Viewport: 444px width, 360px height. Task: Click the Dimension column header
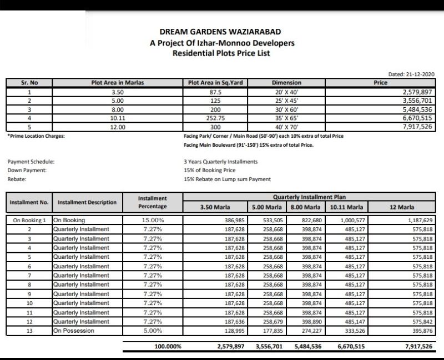click(286, 83)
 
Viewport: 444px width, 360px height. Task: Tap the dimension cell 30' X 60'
click(286, 110)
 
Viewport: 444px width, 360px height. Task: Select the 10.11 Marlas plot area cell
click(117, 118)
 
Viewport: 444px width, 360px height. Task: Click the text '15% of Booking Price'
click(210, 171)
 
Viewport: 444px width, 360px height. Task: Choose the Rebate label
click(17, 179)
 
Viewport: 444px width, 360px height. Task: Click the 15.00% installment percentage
click(153, 221)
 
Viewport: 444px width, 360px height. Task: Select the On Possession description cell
click(74, 331)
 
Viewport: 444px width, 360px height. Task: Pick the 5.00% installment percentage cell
click(153, 331)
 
